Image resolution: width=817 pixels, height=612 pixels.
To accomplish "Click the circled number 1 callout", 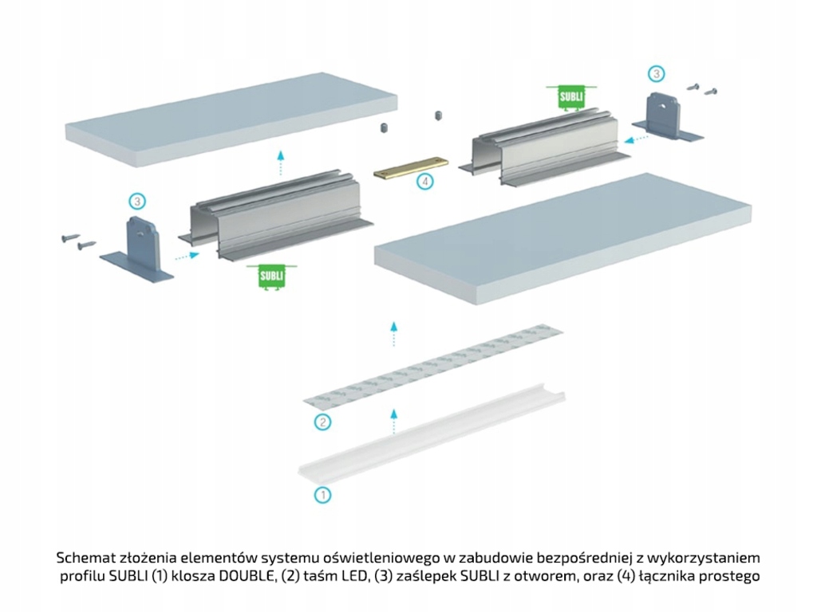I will click(322, 495).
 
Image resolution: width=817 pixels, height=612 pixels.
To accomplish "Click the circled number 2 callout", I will click(322, 422).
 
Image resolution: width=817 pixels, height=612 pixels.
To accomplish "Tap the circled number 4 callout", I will click(426, 182).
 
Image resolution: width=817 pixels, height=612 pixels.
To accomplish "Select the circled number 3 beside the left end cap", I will click(137, 201).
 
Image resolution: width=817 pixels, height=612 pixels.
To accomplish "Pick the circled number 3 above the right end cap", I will click(655, 74).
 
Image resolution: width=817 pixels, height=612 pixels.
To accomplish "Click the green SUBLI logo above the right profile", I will click(571, 96).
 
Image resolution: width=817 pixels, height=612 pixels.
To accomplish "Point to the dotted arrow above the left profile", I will click(279, 164).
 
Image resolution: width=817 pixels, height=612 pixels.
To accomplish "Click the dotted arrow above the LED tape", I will click(393, 334).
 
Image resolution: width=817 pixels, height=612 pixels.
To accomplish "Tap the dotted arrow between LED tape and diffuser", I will click(392, 419).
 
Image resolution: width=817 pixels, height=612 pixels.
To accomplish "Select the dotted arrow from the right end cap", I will click(636, 138).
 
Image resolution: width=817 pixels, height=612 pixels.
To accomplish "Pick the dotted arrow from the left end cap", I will click(186, 257).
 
